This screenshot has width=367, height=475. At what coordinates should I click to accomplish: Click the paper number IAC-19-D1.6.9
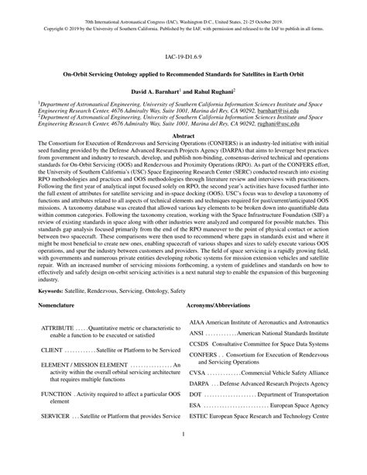click(x=183, y=57)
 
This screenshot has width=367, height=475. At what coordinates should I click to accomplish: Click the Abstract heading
click(x=183, y=135)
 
